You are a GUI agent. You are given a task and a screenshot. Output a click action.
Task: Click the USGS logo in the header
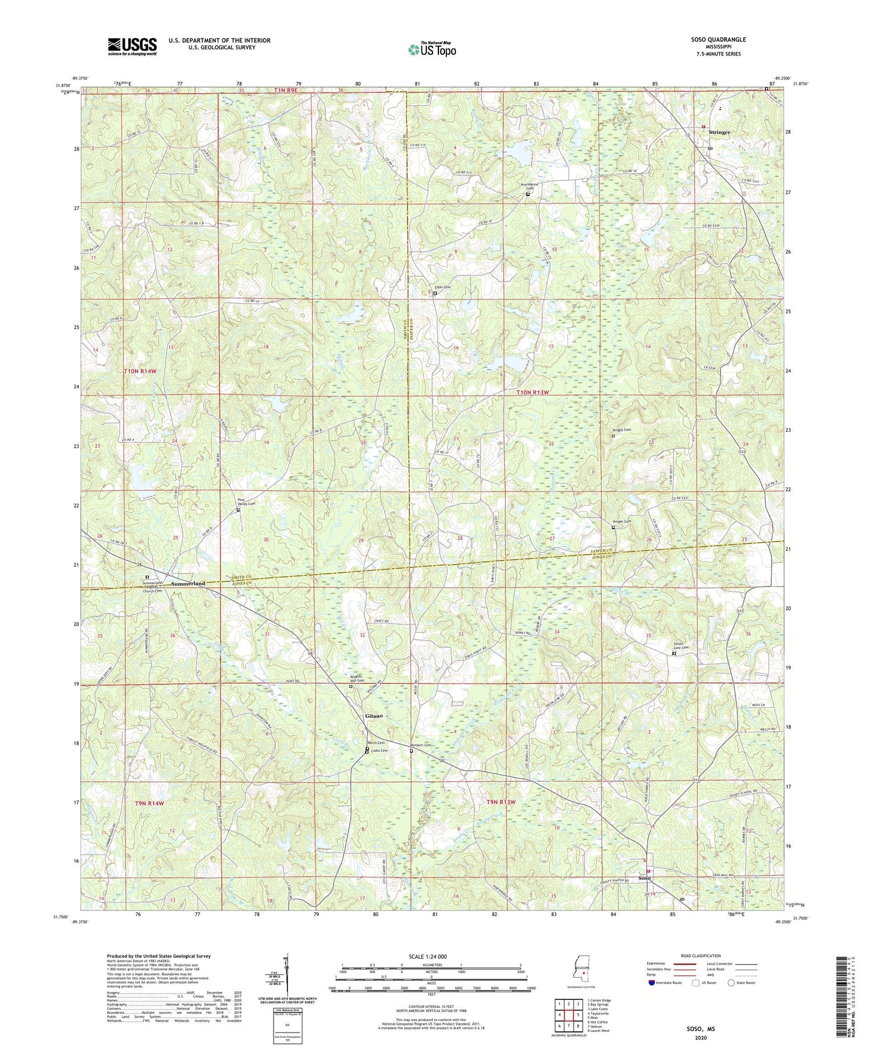(132, 46)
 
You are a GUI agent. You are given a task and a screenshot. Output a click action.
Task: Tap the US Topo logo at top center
(431, 49)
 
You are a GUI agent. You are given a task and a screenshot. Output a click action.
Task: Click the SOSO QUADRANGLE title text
(718, 40)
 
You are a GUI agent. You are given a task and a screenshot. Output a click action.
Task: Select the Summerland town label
(188, 583)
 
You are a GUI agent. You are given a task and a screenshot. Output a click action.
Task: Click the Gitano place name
(373, 716)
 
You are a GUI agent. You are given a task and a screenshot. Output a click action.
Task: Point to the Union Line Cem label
(680, 646)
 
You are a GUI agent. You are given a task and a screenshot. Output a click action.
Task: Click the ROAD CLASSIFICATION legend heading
(693, 956)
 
